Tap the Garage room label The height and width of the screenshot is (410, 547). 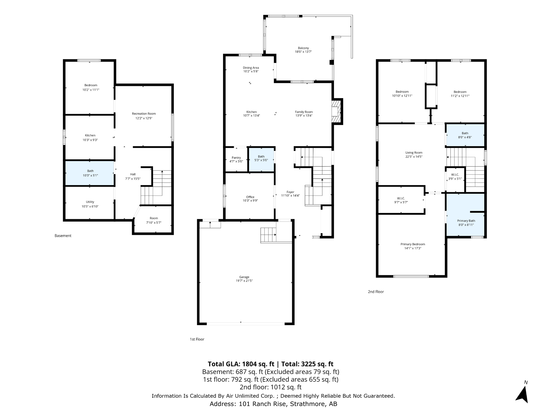[x=244, y=277]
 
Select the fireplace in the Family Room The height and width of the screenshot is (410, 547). [x=337, y=112]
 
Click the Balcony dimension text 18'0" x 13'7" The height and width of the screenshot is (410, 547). [x=303, y=52]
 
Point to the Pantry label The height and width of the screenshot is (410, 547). [x=236, y=158]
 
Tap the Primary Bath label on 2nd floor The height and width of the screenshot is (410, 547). [x=466, y=221]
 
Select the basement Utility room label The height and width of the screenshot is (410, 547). [x=90, y=202]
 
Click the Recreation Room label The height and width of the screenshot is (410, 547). [x=144, y=114]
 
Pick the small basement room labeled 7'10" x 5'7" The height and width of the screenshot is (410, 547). [x=154, y=220]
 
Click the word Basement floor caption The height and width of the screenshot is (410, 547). [x=63, y=236]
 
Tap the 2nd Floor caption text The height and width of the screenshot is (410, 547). [x=376, y=292]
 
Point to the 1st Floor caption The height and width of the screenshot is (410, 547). [x=197, y=339]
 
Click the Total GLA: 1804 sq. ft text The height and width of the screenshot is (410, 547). [x=241, y=364]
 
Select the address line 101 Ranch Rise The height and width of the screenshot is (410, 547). [x=273, y=404]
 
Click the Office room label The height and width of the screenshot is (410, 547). [x=250, y=197]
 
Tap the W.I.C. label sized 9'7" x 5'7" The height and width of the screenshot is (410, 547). [x=401, y=198]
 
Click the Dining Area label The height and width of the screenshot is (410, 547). [x=251, y=68]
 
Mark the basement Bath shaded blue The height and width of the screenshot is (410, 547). [x=90, y=173]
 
